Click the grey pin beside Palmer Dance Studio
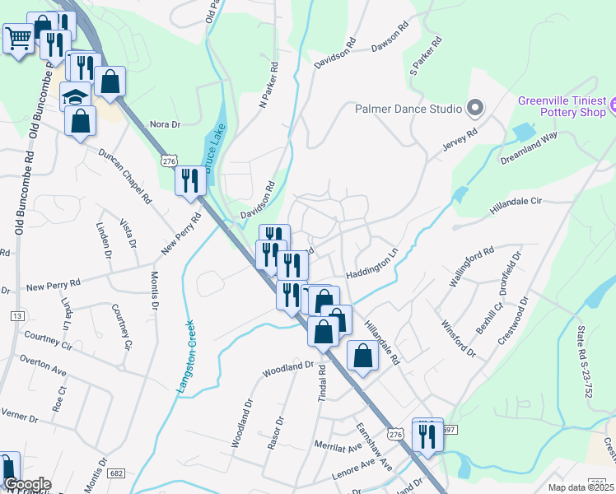click(474, 107)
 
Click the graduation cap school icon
click(75, 96)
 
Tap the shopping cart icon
click(18, 36)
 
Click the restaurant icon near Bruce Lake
click(190, 179)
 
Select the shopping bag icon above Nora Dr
click(109, 81)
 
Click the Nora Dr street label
click(164, 124)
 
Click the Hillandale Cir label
click(516, 206)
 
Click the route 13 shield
click(17, 316)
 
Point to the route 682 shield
click(116, 473)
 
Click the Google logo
click(27, 484)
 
